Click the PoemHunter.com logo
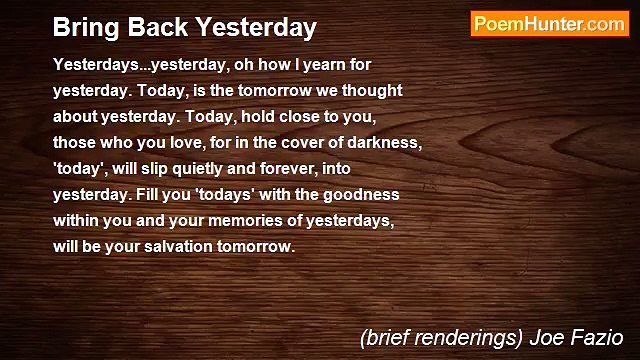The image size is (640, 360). coord(548,24)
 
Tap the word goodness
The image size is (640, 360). coord(361,195)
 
